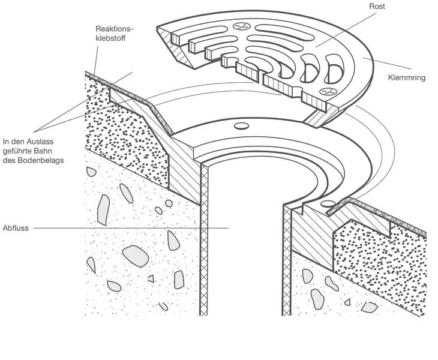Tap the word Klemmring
click(407, 77)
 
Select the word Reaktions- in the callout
click(114, 29)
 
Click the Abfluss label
click(14, 228)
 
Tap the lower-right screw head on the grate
click(327, 92)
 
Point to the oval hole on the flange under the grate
click(241, 126)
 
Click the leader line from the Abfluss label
click(132, 228)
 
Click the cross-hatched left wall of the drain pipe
click(204, 252)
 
